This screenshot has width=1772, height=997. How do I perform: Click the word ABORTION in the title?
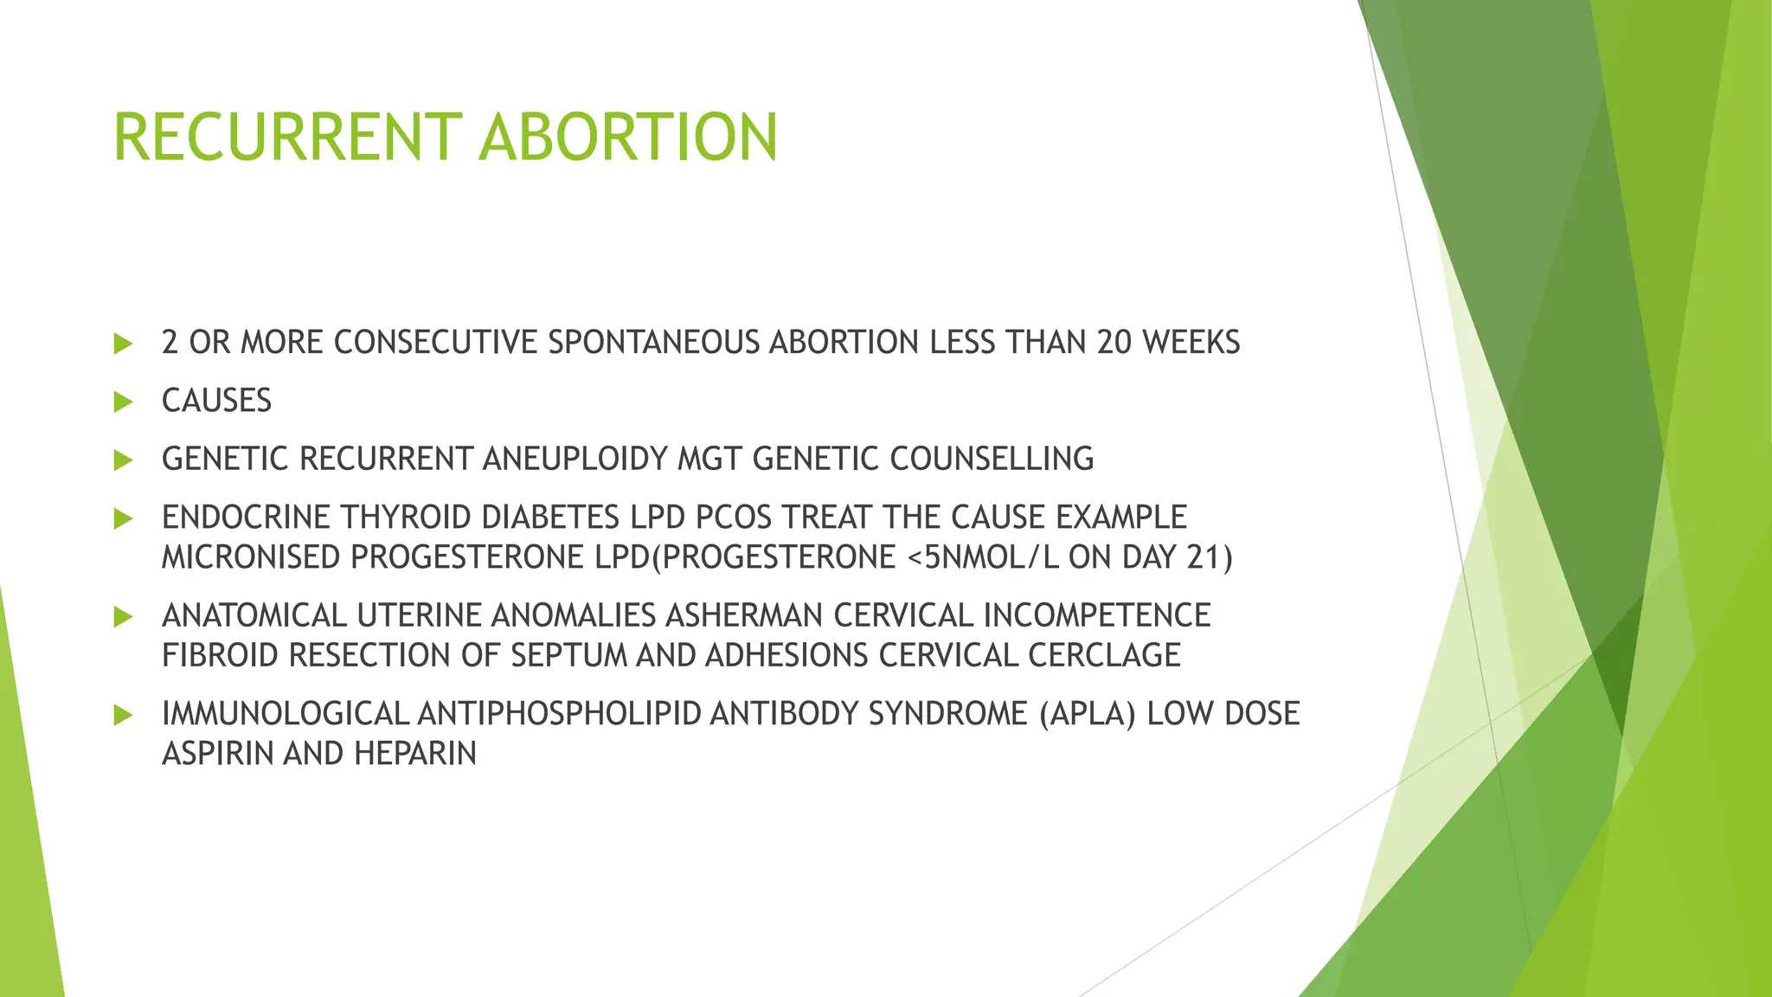628,138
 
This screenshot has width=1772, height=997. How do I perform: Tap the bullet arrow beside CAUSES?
123,402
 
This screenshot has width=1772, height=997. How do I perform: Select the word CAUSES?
216,401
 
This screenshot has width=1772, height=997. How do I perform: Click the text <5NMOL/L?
984,556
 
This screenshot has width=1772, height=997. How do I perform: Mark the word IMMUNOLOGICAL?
285,714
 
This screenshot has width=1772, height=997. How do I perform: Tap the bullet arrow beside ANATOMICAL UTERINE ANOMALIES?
123,617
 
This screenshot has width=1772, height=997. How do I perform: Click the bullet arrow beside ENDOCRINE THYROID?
123,518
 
